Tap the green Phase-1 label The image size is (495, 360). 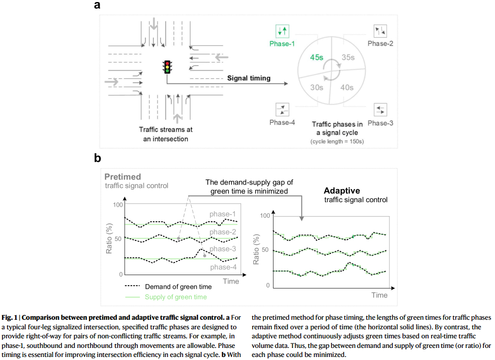point(282,44)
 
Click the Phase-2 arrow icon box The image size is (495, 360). point(380,31)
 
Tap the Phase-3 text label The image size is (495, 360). point(380,123)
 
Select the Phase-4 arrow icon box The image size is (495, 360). point(282,109)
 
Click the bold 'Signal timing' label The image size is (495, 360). point(249,78)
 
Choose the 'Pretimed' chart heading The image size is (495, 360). point(123,177)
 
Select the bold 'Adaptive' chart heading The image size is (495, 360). point(342,191)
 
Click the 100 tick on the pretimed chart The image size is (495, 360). point(118,205)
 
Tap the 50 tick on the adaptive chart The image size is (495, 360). point(266,250)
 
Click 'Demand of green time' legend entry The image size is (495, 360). point(178,287)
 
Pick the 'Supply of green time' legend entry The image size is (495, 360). point(176,297)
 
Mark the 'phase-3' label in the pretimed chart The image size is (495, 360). point(223,249)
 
